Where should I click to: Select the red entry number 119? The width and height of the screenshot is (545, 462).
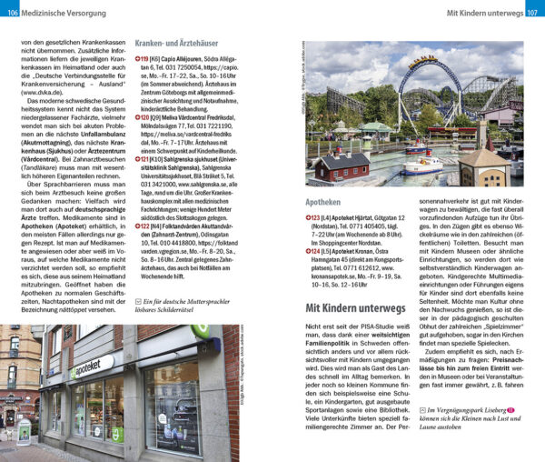point(144,58)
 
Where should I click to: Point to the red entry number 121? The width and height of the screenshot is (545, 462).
point(144,157)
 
